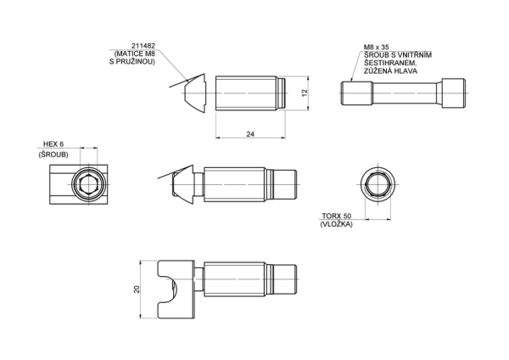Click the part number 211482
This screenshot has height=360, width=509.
(x=143, y=46)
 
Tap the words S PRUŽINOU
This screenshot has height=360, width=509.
(x=132, y=61)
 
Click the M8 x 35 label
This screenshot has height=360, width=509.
(x=377, y=48)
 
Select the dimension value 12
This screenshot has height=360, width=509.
(x=305, y=93)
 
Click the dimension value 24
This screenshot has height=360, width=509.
(x=250, y=134)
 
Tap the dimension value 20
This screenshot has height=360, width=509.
(x=137, y=290)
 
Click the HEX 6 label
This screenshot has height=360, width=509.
(x=53, y=144)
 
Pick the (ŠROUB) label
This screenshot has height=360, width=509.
(x=53, y=155)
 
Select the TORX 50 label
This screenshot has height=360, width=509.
(x=337, y=216)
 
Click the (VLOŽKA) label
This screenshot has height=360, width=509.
(x=336, y=224)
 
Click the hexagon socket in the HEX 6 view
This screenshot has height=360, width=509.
(x=88, y=184)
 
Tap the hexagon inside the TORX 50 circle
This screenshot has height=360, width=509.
(x=378, y=184)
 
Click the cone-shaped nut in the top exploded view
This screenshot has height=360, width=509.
(x=195, y=93)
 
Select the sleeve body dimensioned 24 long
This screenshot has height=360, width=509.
(x=250, y=93)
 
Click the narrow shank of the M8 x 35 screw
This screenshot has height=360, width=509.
(x=406, y=93)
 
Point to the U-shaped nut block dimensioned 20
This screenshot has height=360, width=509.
(x=176, y=290)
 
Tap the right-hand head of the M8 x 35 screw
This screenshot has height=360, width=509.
(x=453, y=93)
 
